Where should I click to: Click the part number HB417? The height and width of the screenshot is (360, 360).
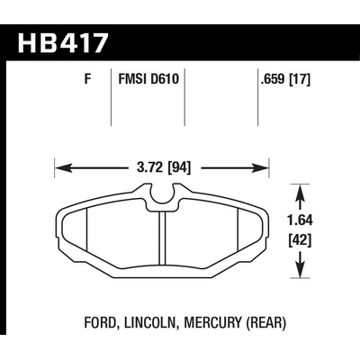[x=64, y=42]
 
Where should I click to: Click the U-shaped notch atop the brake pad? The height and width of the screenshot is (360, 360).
[x=162, y=191]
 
